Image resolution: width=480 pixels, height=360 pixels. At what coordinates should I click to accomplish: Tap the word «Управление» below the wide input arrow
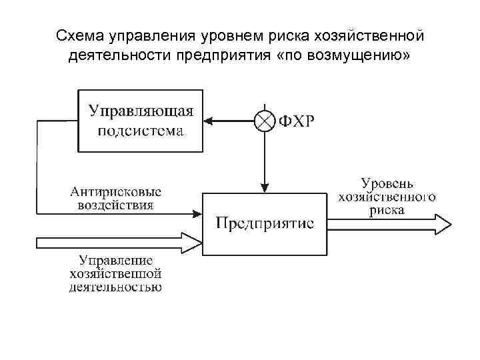115,261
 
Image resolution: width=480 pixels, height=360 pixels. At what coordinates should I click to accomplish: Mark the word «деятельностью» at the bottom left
115,287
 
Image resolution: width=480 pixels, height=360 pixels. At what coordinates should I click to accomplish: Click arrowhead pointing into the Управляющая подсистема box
208,121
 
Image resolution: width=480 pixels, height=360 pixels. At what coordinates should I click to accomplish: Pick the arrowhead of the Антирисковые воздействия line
197,214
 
